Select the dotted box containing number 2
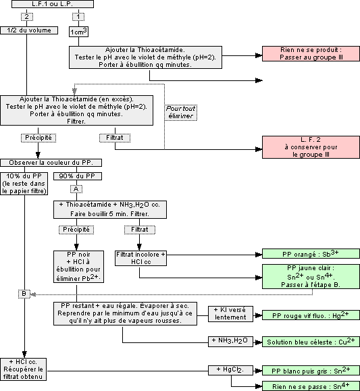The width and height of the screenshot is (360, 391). click(26, 16)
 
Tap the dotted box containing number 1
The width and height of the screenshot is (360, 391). click(79, 16)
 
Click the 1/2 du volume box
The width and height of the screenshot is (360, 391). click(26, 30)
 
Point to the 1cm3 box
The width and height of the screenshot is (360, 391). click(79, 31)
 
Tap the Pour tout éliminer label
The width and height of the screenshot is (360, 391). click(180, 111)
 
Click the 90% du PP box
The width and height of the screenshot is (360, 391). click(76, 176)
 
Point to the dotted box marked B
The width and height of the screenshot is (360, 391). click(24, 293)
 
